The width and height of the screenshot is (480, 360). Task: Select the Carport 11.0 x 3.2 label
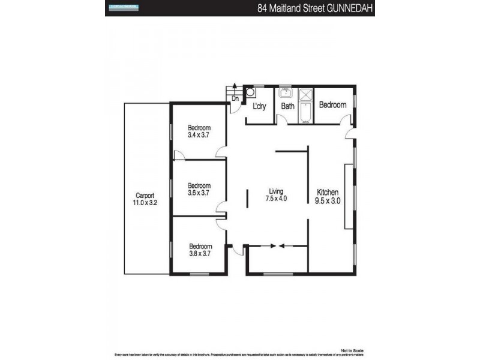(146, 199)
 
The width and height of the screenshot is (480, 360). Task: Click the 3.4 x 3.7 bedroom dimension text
(199, 136)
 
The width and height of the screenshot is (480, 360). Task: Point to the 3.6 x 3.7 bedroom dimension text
(199, 193)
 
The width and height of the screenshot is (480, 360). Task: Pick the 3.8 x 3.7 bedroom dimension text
(200, 254)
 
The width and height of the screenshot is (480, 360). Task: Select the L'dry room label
(260, 106)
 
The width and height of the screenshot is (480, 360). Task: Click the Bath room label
(288, 107)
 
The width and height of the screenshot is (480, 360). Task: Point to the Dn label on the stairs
(235, 98)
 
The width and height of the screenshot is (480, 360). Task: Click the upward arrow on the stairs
(235, 88)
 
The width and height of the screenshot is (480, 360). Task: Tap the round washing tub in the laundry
(250, 93)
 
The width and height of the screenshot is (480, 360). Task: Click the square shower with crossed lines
(305, 95)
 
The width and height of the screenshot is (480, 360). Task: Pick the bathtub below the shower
(305, 113)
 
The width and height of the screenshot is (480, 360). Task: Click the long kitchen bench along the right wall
(348, 196)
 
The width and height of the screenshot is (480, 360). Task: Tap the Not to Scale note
(352, 350)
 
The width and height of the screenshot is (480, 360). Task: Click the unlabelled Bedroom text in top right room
(332, 105)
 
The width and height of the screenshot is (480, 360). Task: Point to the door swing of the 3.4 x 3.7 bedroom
(221, 152)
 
